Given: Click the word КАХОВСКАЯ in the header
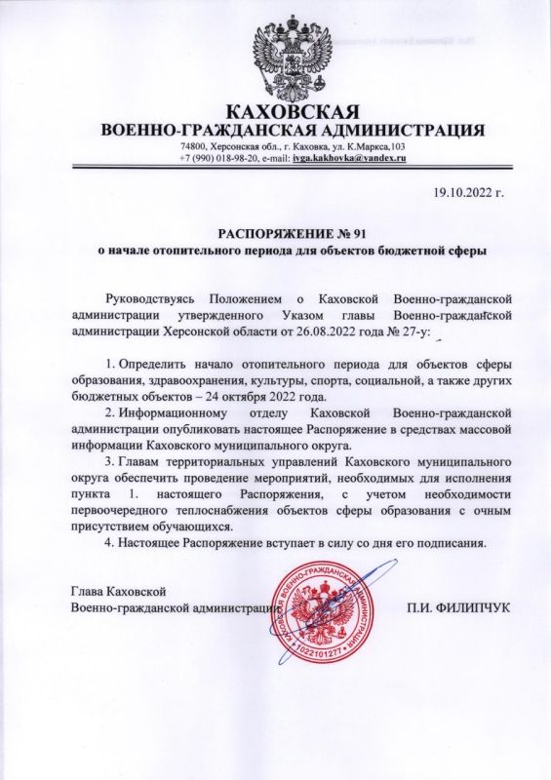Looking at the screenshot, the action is coord(294,110).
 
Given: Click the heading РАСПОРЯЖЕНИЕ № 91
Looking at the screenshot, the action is coord(294,234).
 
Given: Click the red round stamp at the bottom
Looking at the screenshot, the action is coord(316,617).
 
